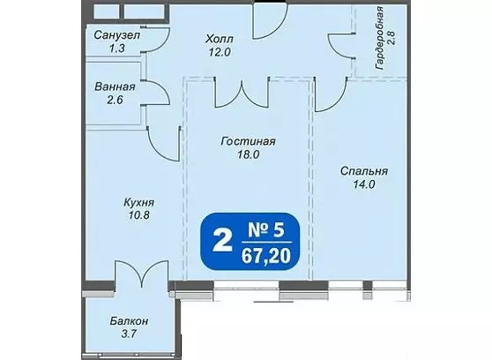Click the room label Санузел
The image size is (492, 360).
tap(116, 35)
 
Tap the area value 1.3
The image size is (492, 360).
tap(116, 49)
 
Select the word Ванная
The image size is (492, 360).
tap(115, 86)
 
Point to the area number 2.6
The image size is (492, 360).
tap(115, 101)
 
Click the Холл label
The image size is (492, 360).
tap(220, 39)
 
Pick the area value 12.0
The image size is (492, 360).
tap(220, 52)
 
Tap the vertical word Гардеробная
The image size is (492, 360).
tap(379, 38)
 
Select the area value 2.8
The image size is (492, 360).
tap(391, 38)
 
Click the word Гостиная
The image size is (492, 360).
tap(248, 141)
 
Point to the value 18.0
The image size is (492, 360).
tap(248, 154)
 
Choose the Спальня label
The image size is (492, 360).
tap(364, 171)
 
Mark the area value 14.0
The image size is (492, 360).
tap(364, 184)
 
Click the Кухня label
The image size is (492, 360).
tap(138, 203)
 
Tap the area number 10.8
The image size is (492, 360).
tap(138, 215)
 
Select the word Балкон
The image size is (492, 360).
tap(129, 321)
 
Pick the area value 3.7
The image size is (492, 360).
tap(129, 334)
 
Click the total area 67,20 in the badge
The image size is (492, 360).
tap(265, 256)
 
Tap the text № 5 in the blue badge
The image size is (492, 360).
tap(266, 230)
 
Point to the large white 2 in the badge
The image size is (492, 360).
tap(223, 240)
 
